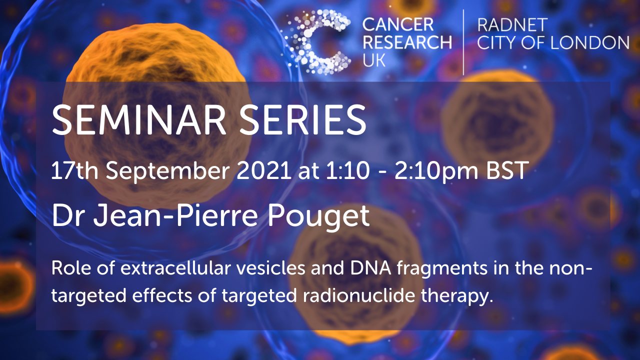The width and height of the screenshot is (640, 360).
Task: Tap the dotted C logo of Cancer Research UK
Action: [315, 42]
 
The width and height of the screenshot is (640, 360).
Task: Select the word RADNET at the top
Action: [512, 25]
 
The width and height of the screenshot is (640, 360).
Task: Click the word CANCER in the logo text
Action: [398, 24]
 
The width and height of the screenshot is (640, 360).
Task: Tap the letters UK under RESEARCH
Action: [374, 60]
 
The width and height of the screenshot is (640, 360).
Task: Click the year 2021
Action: [264, 170]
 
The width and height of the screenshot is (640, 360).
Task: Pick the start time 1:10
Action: [347, 170]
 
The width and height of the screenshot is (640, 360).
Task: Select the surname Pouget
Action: [318, 217]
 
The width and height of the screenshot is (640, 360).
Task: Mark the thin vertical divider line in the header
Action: [463, 42]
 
